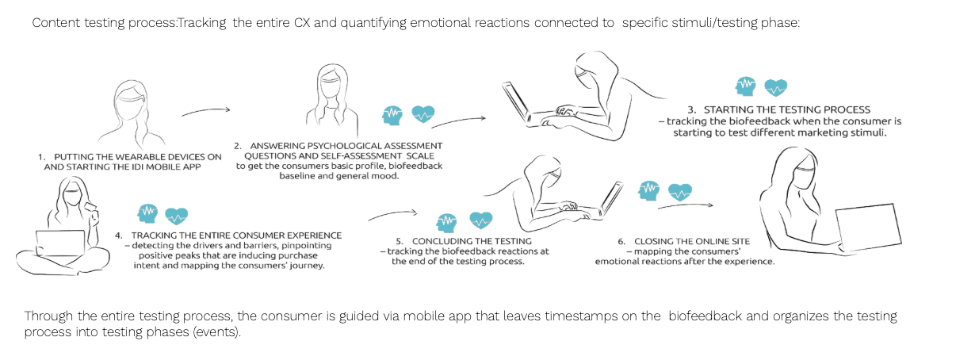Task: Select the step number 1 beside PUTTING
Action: pos(41,157)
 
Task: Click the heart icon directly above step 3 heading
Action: pos(775,87)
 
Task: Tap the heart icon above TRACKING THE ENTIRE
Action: pos(176,214)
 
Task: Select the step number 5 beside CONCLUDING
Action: pos(400,240)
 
